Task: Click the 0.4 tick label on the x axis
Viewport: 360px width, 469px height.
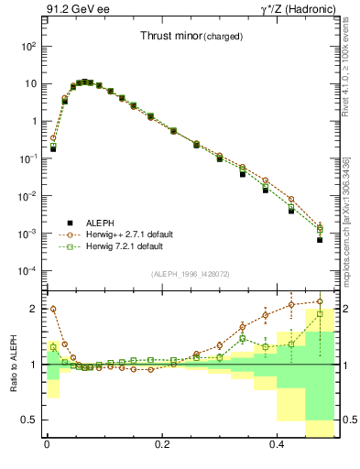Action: point(278,451)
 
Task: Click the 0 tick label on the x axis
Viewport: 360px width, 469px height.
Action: point(47,451)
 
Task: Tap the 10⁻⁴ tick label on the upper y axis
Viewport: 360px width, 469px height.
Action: point(27,271)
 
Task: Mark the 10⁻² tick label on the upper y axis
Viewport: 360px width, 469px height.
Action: point(27,196)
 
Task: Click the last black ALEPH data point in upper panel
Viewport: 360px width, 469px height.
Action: point(320,239)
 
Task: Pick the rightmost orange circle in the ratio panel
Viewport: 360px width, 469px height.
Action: point(320,301)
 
